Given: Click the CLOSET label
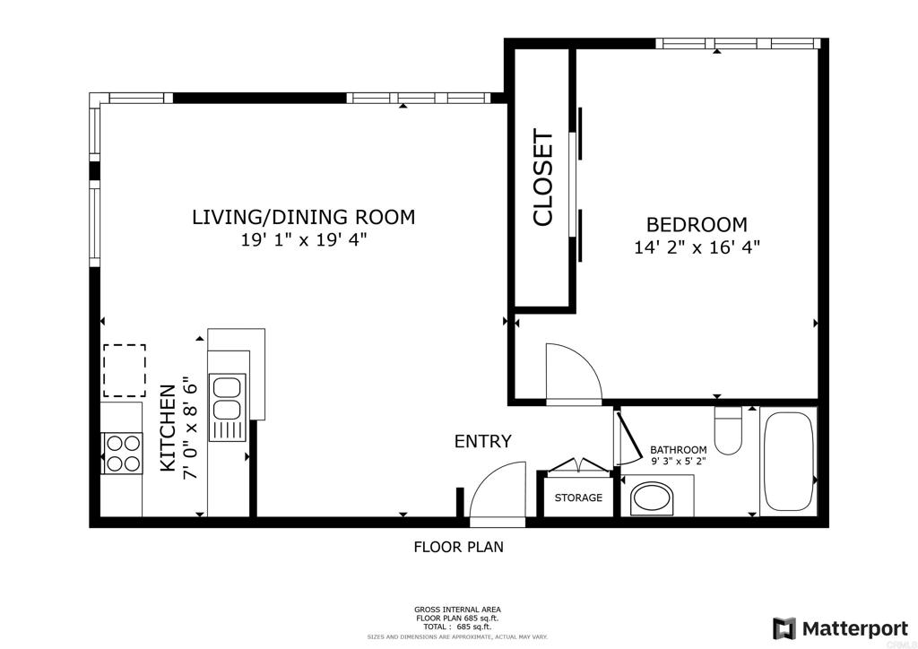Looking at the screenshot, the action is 542,177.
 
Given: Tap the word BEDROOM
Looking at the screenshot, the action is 697,225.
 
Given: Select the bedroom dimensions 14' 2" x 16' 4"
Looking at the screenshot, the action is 697,247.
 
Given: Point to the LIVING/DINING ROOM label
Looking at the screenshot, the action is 304,217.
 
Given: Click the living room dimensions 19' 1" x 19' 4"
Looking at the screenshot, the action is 304,239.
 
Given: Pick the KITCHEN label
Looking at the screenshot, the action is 168,428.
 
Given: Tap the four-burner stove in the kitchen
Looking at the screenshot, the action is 122,454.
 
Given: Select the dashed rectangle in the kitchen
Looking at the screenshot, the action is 125,371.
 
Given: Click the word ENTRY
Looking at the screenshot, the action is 483,441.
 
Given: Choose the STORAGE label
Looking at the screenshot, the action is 578,498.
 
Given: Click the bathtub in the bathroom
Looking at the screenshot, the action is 789,463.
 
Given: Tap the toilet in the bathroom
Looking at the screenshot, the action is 728,431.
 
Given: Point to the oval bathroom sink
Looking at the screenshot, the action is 652,498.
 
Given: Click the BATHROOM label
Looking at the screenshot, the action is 679,450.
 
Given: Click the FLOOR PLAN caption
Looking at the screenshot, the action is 458,548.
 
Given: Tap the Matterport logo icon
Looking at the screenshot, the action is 784,628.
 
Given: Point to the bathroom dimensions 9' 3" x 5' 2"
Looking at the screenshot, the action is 679,461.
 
